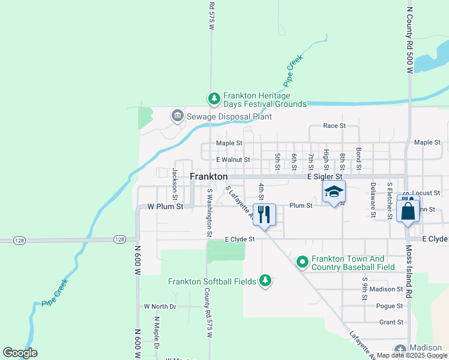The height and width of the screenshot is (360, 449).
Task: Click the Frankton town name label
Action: point(208,176)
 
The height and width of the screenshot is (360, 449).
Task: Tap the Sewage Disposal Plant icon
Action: point(177,116)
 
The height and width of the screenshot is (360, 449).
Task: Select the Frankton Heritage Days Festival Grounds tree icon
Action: point(214,98)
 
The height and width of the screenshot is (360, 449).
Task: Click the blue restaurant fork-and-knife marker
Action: point(264,215)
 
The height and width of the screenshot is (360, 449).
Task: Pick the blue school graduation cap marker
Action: point(334,193)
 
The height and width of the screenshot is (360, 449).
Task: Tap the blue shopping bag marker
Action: point(408,211)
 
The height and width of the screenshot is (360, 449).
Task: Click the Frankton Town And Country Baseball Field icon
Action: point(303,262)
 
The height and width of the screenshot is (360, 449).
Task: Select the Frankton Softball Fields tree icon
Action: point(265,280)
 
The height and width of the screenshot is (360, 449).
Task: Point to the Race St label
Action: point(334,126)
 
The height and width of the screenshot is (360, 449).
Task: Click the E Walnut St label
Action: point(233,160)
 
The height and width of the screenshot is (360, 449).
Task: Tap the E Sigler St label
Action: point(324,177)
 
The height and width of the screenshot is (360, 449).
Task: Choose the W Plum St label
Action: point(164,207)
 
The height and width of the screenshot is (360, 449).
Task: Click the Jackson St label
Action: point(175,184)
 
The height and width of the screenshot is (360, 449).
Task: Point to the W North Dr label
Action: point(160,306)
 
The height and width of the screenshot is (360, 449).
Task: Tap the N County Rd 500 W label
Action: point(410,40)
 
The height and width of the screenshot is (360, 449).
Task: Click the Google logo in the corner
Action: point(20,353)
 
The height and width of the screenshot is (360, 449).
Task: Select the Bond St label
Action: point(358,157)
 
